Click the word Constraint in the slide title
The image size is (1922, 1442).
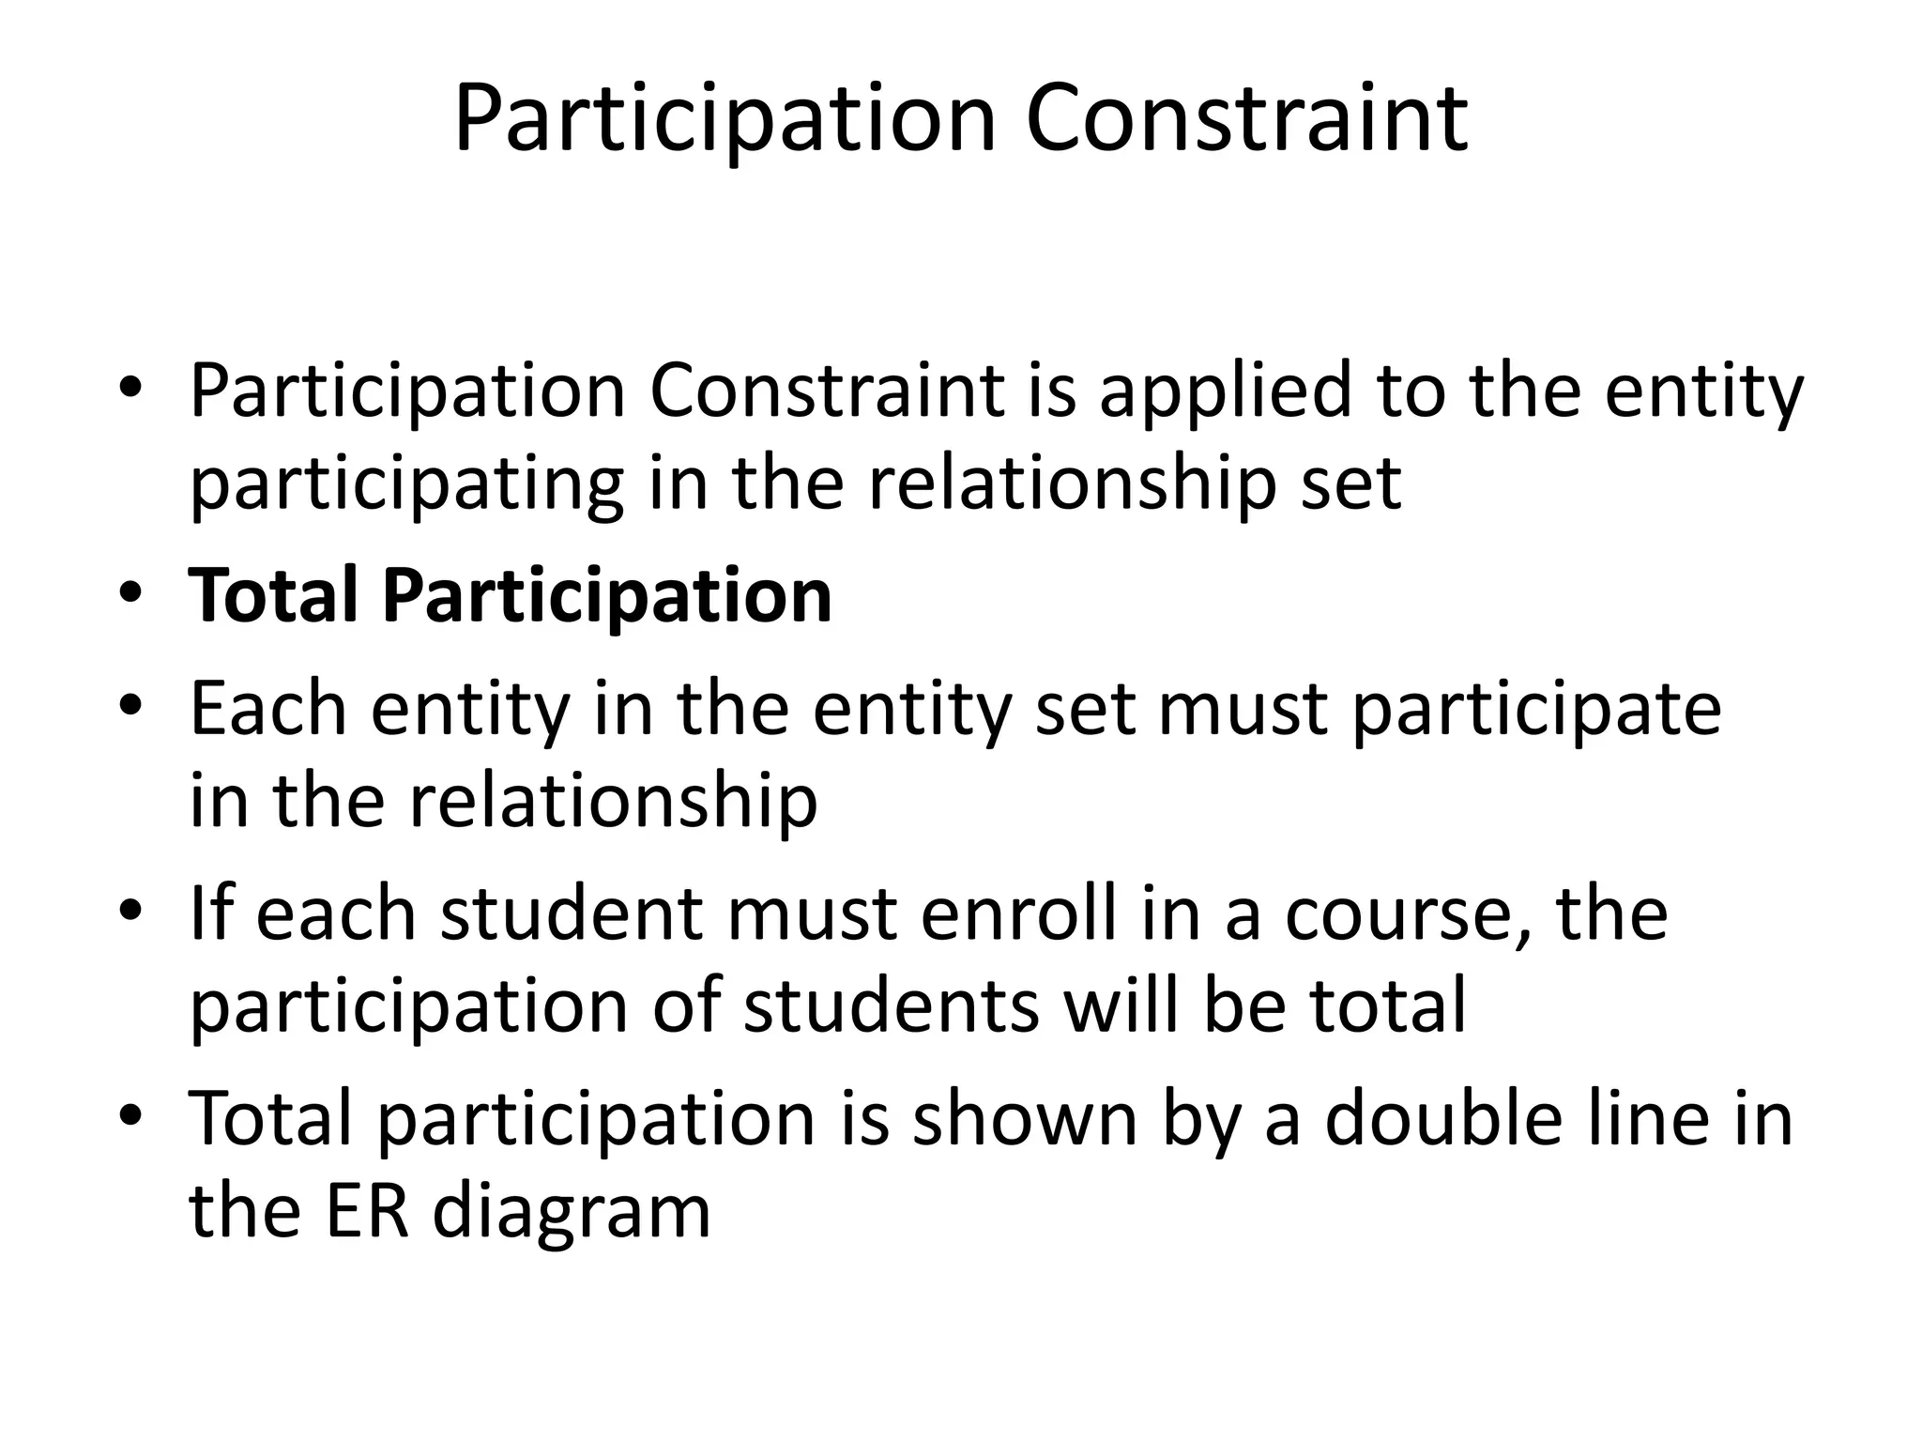coord(1246,119)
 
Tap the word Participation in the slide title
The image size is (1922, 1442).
coord(724,119)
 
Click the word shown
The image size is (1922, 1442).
coord(1025,1117)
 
